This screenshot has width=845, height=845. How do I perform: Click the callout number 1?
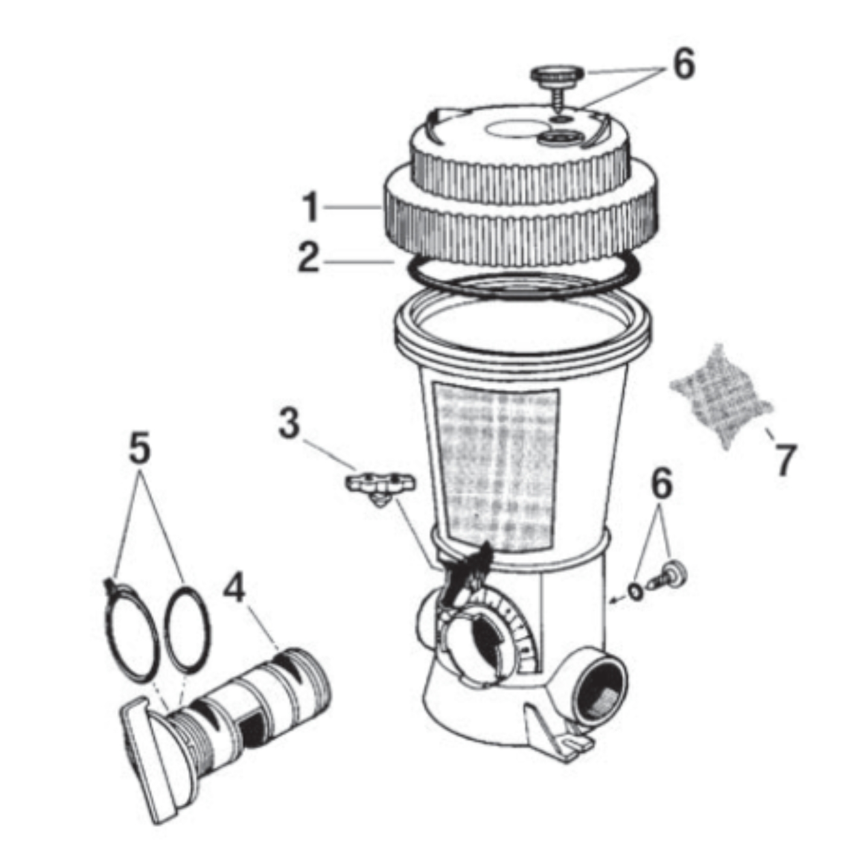click(x=310, y=208)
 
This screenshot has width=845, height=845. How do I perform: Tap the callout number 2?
click(x=309, y=258)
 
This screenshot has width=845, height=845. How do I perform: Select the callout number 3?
click(x=289, y=423)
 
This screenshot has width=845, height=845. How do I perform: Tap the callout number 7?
click(x=785, y=460)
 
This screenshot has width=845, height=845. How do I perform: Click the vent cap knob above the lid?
click(x=557, y=77)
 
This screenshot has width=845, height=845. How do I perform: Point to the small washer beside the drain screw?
click(x=636, y=591)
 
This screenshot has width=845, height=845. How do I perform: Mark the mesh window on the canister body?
click(x=496, y=465)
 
